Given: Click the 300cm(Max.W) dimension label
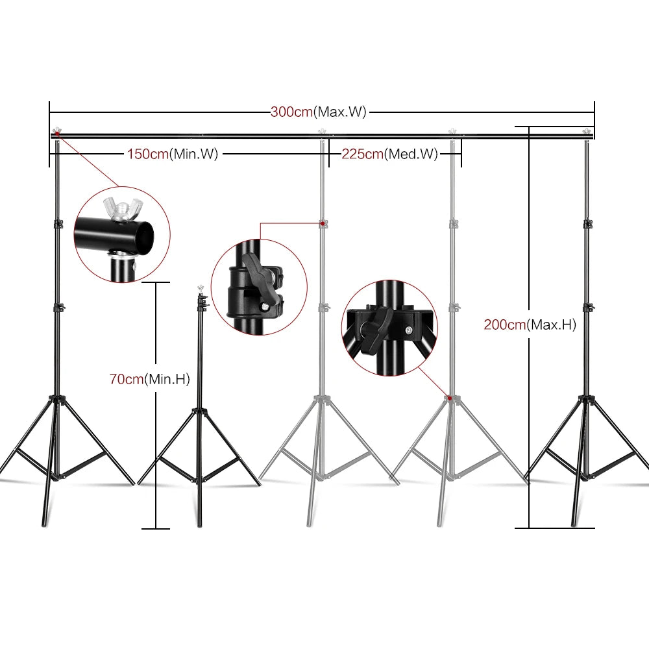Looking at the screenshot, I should tap(319, 112).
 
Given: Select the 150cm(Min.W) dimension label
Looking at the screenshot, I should tap(172, 154).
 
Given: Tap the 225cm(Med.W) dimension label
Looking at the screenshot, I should tap(389, 154).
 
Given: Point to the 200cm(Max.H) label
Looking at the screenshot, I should tap(530, 325).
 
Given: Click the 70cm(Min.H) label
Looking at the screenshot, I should tap(149, 379).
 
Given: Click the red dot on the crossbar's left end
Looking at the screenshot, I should tap(56, 134).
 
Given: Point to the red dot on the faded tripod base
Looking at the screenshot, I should tap(448, 397).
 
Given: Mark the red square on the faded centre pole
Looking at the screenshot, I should tap(323, 223).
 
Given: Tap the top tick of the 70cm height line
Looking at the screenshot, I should tap(155, 282).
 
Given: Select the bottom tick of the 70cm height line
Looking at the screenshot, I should tap(155, 528).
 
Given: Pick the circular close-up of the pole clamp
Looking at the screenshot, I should tap(258, 286).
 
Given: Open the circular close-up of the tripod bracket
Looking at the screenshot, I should tap(389, 327).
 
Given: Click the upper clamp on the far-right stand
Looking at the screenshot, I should tap(587, 223).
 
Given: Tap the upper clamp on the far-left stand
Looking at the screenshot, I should tap(56, 224).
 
